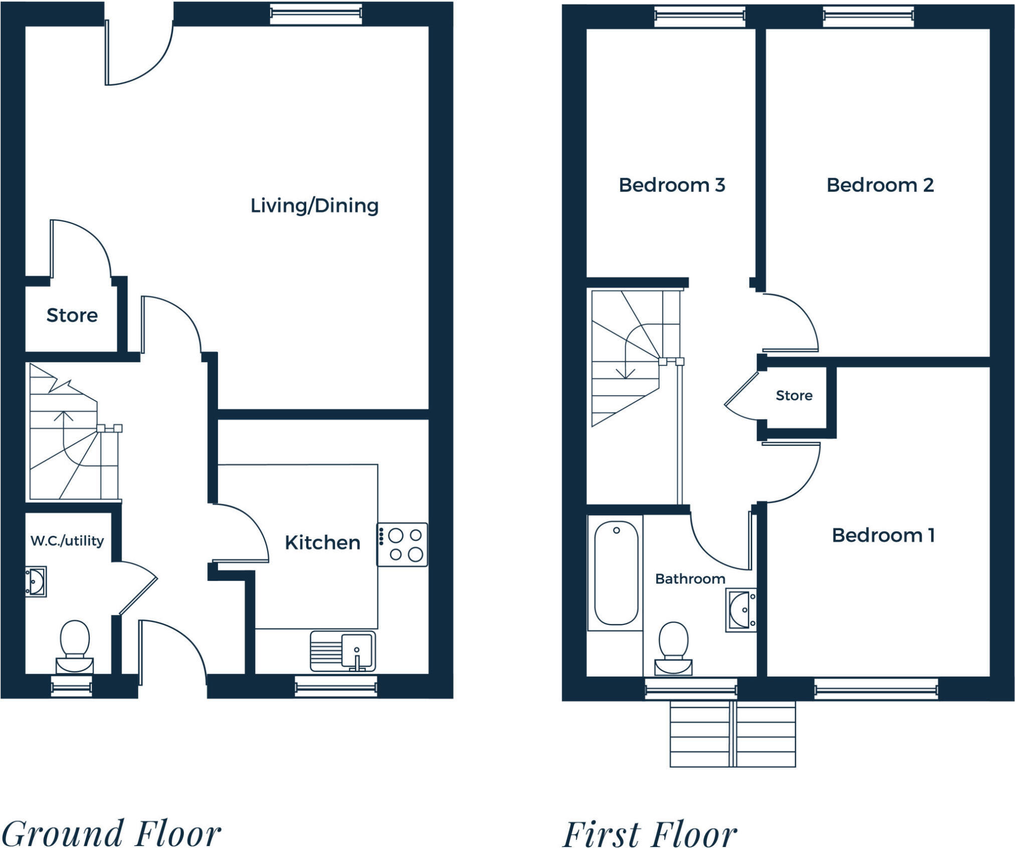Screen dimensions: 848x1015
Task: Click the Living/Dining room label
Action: [314, 205]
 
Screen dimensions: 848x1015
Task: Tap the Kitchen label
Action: [322, 542]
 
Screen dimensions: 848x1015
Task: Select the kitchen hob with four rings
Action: [402, 545]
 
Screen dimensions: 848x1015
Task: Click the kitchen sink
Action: [342, 651]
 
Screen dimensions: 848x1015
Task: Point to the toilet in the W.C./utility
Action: [74, 647]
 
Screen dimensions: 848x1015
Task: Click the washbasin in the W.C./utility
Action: [36, 581]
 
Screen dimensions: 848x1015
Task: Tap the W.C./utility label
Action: [67, 541]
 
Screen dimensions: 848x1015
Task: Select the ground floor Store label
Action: [72, 315]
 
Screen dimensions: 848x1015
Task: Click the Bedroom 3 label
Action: [672, 185]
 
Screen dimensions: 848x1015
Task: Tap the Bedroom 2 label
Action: [880, 185]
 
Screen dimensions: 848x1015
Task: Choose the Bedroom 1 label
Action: [883, 535]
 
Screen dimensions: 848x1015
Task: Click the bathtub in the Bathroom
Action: [616, 572]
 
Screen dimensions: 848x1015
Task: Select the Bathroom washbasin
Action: [741, 610]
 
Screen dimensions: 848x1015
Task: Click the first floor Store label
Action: [794, 395]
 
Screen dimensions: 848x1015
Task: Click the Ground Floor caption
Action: [111, 833]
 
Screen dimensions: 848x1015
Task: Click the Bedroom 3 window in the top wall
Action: [700, 17]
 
